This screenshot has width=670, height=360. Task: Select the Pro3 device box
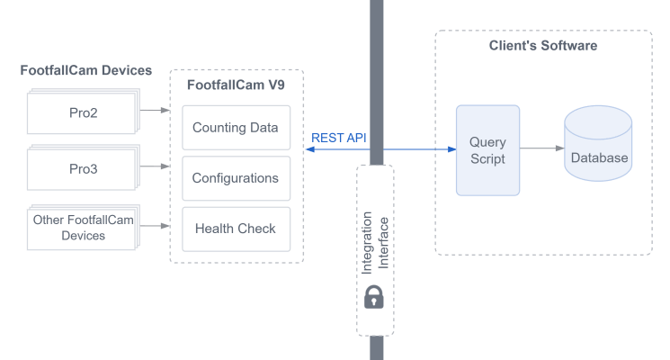pyautogui.click(x=82, y=168)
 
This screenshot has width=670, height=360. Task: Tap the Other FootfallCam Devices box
pyautogui.click(x=82, y=228)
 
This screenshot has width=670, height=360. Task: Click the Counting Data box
pyautogui.click(x=236, y=128)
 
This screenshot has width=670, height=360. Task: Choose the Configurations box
pyautogui.click(x=236, y=178)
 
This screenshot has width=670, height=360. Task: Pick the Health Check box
pyautogui.click(x=236, y=229)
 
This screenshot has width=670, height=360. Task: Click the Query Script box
pyautogui.click(x=487, y=150)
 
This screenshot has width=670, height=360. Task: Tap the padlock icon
pyautogui.click(x=375, y=298)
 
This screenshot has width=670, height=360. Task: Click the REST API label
pyautogui.click(x=338, y=138)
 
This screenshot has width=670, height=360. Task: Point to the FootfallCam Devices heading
pyautogui.click(x=86, y=70)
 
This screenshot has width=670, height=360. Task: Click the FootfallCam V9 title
pyautogui.click(x=236, y=86)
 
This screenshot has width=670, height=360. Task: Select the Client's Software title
pyautogui.click(x=543, y=45)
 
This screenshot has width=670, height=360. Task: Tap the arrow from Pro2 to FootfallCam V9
pyautogui.click(x=154, y=111)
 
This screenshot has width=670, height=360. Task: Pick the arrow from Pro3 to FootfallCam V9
pyautogui.click(x=154, y=166)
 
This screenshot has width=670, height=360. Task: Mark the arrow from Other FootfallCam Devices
pyautogui.click(x=154, y=226)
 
